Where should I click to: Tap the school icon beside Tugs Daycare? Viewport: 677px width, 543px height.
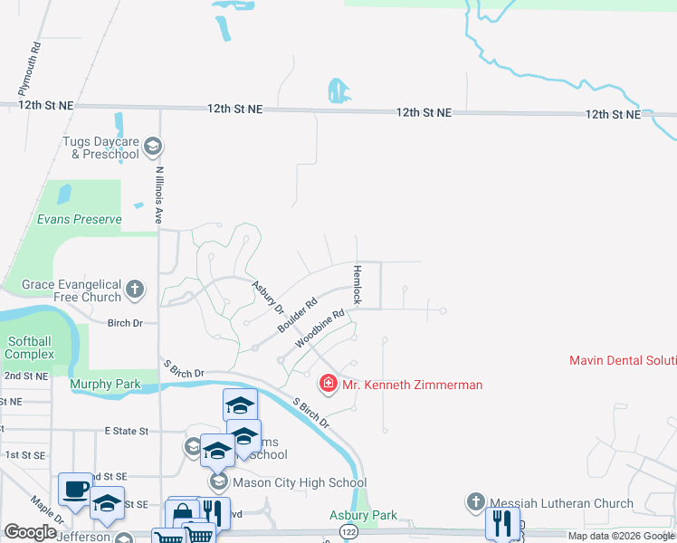click(x=153, y=146)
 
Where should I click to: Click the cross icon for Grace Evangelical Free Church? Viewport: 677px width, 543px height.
click(x=135, y=290)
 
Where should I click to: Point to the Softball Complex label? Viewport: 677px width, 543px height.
click(x=31, y=348)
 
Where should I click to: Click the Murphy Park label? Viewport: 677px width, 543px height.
click(x=105, y=385)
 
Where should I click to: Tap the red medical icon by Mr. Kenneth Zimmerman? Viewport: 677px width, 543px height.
click(x=328, y=385)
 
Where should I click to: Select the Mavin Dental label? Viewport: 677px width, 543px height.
click(x=623, y=360)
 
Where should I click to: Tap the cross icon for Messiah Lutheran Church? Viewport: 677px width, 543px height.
click(x=477, y=502)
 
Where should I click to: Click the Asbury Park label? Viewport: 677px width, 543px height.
click(x=363, y=516)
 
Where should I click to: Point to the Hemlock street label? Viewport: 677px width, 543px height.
click(x=357, y=284)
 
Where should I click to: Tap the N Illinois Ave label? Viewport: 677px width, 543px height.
click(x=158, y=195)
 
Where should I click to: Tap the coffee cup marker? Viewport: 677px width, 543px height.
click(x=74, y=490)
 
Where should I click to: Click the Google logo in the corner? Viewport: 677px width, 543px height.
click(x=30, y=532)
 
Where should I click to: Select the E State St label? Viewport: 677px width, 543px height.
click(x=131, y=432)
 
